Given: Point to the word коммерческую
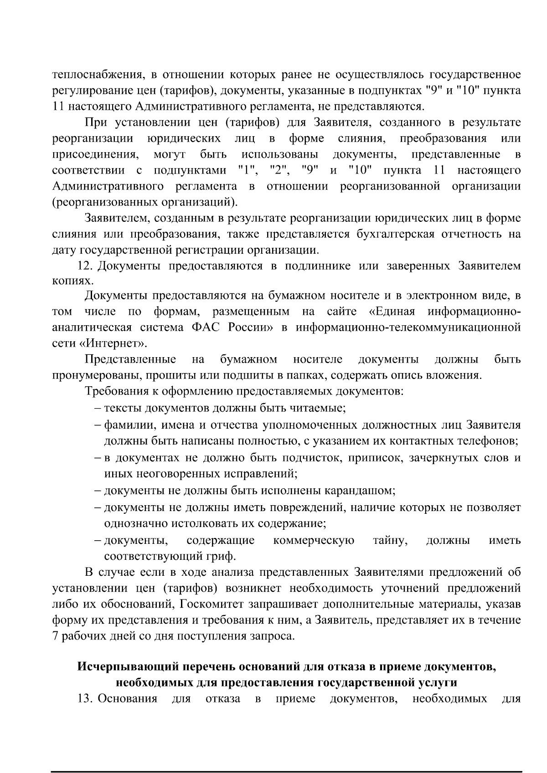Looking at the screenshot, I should pyautogui.click(x=314, y=540).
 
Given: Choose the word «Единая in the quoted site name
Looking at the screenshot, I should pyautogui.click(x=391, y=312).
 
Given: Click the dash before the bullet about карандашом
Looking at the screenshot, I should pyautogui.click(x=98, y=491).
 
